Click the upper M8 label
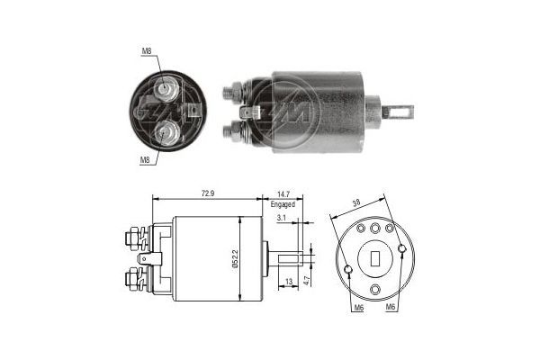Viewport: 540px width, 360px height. click(x=146, y=51)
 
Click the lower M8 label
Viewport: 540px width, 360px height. click(x=145, y=159)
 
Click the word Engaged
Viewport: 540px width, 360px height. click(x=283, y=205)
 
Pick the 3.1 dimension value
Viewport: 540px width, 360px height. click(x=282, y=219)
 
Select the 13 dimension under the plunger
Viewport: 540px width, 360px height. click(x=287, y=281)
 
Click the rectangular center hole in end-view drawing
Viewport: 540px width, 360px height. click(x=375, y=258)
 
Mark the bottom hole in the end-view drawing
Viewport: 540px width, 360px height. click(x=375, y=288)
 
